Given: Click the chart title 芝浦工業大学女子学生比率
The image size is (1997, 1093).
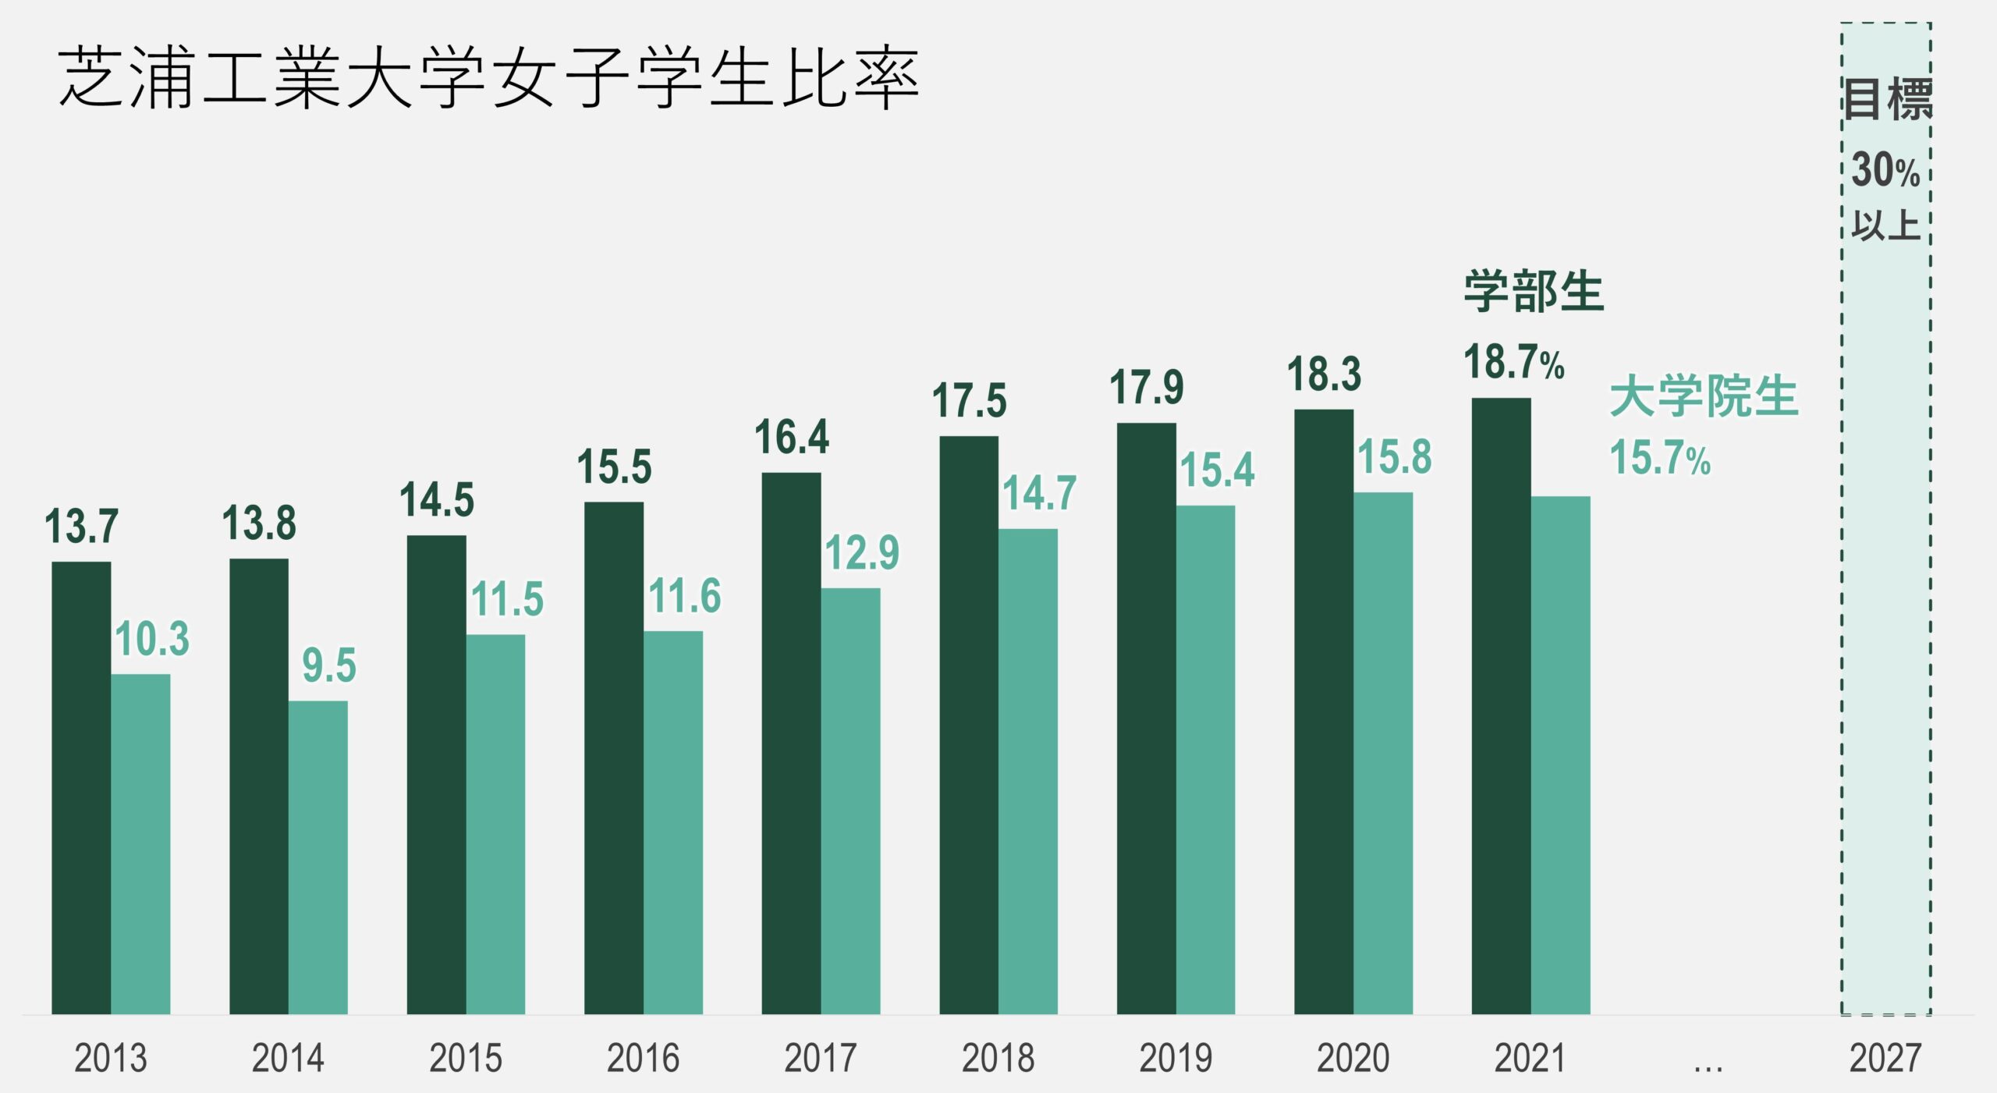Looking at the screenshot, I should (x=488, y=78).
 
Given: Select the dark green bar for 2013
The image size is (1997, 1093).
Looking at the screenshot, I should (x=81, y=788).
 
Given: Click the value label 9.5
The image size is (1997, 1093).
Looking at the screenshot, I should (x=328, y=665).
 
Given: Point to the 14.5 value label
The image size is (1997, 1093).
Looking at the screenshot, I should (x=437, y=500).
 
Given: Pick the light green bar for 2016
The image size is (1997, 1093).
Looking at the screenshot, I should (x=672, y=822).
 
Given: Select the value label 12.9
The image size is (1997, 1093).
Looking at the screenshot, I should (x=862, y=553).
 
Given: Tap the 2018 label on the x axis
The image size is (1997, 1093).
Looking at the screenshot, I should (x=998, y=1059).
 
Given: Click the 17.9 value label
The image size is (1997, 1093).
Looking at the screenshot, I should (x=1146, y=388).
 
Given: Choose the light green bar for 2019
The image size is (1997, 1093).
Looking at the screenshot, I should (x=1205, y=760).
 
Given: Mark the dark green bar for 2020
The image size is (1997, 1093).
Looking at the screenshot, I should (x=1323, y=712).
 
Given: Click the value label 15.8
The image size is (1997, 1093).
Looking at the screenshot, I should (x=1395, y=457).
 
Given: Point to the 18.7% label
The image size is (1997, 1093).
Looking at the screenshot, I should (x=1513, y=363).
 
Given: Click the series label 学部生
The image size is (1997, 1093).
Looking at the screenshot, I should (x=1533, y=291).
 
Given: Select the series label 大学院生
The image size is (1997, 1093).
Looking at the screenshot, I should (x=1704, y=396).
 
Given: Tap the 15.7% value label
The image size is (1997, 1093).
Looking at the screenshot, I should (x=1660, y=458).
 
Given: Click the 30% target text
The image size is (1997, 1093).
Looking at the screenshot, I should (x=1885, y=170).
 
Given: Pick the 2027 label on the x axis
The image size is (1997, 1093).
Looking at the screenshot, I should (x=1885, y=1059).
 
